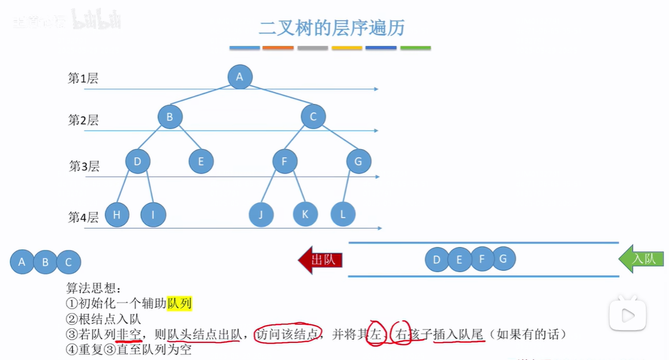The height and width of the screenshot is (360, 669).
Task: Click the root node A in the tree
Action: pyautogui.click(x=239, y=77)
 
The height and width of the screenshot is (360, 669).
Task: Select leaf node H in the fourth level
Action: pyautogui.click(x=117, y=215)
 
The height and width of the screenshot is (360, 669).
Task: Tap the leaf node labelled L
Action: pyautogui.click(x=343, y=215)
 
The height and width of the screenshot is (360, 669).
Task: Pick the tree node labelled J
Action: pyautogui.click(x=261, y=215)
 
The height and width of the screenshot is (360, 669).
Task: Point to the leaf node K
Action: pyautogui.click(x=305, y=215)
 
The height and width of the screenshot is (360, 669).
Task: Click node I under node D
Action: pyautogui.click(x=153, y=215)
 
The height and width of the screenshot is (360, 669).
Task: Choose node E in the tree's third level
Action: pyautogui.click(x=200, y=162)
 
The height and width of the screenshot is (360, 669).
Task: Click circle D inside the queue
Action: pyautogui.click(x=437, y=260)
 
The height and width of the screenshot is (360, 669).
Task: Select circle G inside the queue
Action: pyautogui.click(x=503, y=259)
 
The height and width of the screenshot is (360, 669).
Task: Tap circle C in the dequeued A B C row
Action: pyautogui.click(x=68, y=262)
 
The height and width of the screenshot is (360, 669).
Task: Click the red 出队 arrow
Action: pyautogui.click(x=321, y=260)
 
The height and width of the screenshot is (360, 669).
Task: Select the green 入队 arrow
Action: pyautogui.click(x=641, y=259)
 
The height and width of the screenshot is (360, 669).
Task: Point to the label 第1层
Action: pyautogui.click(x=82, y=78)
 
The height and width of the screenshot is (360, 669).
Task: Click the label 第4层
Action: pyautogui.click(x=82, y=218)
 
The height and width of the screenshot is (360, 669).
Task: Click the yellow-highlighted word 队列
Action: pyautogui.click(x=180, y=303)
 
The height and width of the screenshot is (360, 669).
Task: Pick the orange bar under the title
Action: pyautogui.click(x=278, y=48)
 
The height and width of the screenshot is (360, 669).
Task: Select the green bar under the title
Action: pyautogui.click(x=415, y=48)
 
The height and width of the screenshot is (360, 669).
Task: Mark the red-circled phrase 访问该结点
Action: pyautogui.click(x=287, y=334)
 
